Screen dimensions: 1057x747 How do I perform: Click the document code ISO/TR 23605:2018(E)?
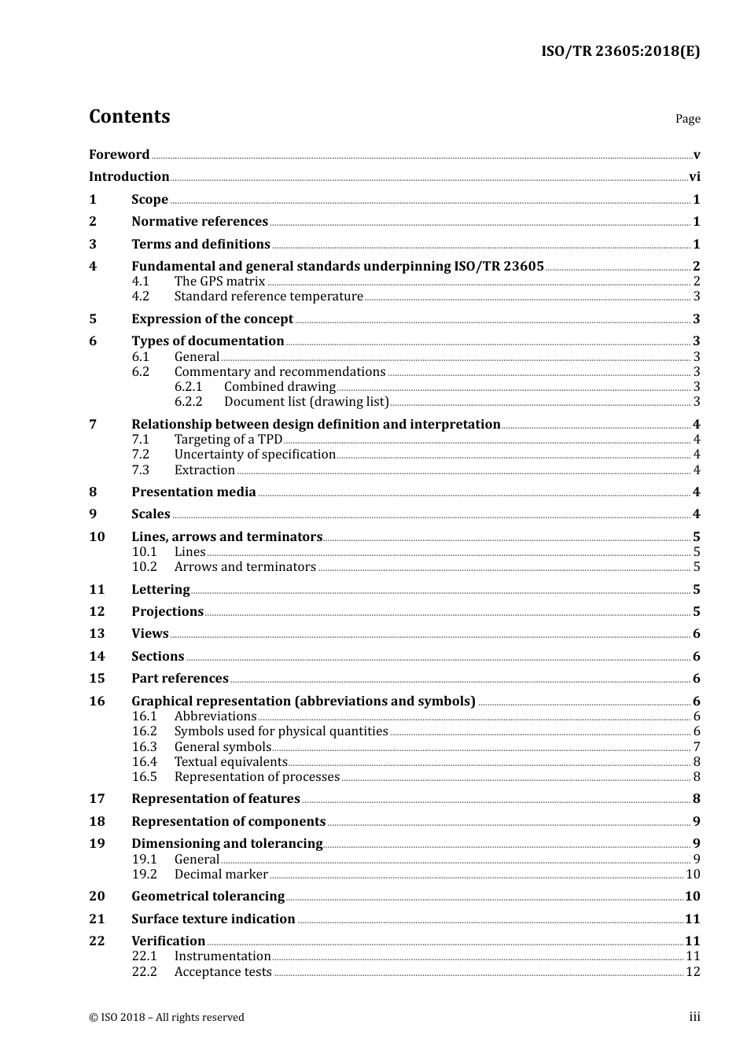pyautogui.click(x=620, y=52)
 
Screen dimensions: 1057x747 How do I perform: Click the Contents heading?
pyautogui.click(x=129, y=116)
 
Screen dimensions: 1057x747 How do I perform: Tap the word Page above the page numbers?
pyautogui.click(x=687, y=119)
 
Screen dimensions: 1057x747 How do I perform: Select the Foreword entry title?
pyautogui.click(x=119, y=155)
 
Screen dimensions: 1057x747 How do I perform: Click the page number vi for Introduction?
pyautogui.click(x=694, y=177)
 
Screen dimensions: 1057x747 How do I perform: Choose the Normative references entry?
pyautogui.click(x=200, y=222)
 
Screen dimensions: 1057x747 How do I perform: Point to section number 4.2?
pyautogui.click(x=140, y=296)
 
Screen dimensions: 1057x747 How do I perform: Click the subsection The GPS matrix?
pyautogui.click(x=219, y=282)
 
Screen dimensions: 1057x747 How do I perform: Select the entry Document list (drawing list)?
pyautogui.click(x=306, y=402)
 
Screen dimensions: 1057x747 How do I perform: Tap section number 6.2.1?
pyautogui.click(x=188, y=387)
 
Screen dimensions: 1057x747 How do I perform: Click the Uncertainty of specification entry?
pyautogui.click(x=255, y=455)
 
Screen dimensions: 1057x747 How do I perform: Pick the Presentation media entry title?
pyautogui.click(x=193, y=492)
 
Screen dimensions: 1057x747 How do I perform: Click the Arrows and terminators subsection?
pyautogui.click(x=245, y=567)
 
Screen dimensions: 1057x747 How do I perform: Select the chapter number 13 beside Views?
pyautogui.click(x=97, y=634)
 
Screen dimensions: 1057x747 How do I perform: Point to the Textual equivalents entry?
pyautogui.click(x=230, y=762)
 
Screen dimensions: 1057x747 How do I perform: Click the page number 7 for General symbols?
pyautogui.click(x=697, y=747)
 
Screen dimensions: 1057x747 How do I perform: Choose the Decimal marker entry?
pyautogui.click(x=221, y=875)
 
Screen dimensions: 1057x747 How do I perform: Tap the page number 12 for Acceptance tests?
pyautogui.click(x=693, y=972)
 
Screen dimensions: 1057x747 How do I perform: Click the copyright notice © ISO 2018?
pyautogui.click(x=166, y=1018)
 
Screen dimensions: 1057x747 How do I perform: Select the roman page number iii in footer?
pyautogui.click(x=694, y=1017)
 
